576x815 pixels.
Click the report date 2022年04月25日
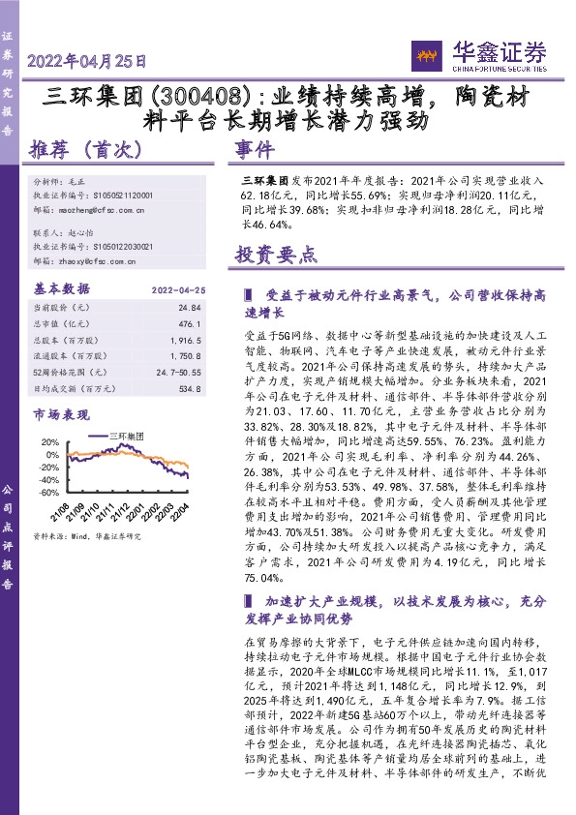(88, 60)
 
